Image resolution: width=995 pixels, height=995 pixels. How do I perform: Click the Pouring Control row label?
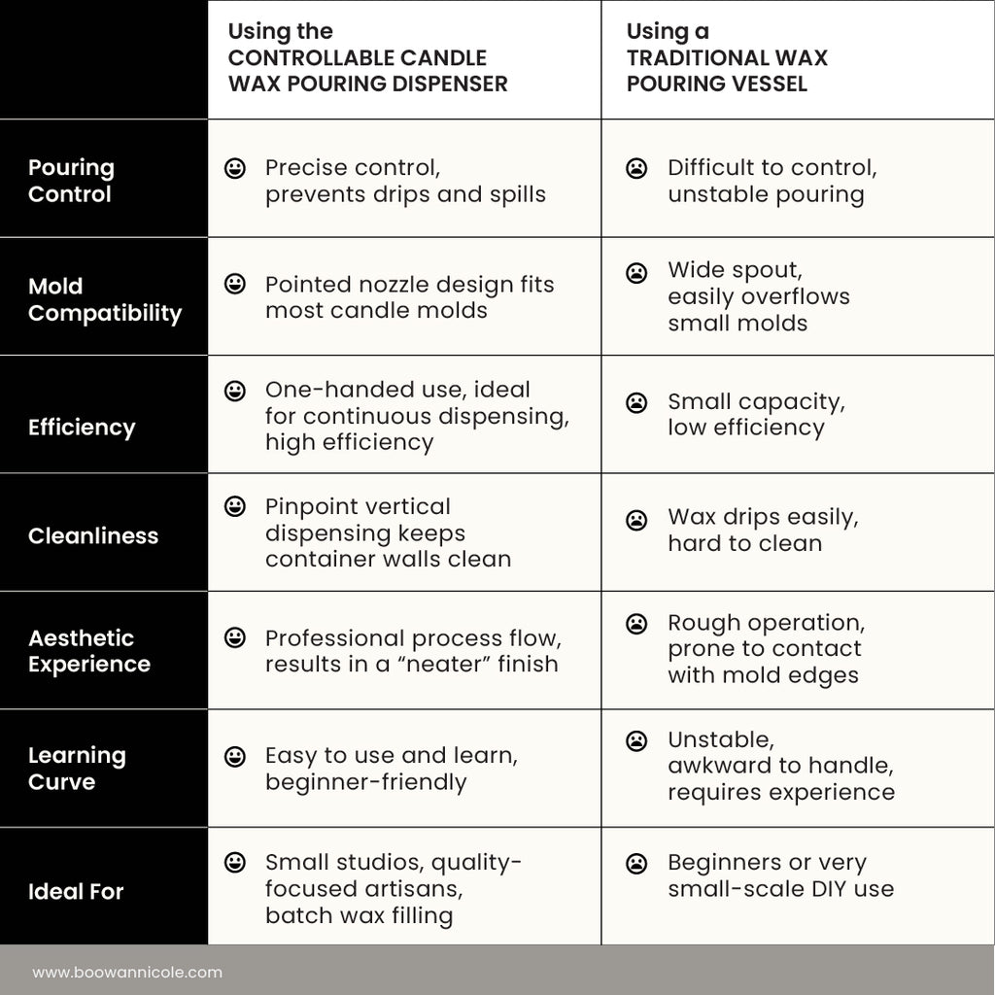(x=71, y=181)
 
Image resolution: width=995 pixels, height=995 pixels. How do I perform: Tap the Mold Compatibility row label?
(x=104, y=299)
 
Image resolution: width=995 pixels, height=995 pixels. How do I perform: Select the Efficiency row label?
(x=82, y=428)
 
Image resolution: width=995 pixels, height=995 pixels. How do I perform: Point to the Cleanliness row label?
(x=93, y=535)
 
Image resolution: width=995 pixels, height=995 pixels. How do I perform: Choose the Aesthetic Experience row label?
(x=89, y=651)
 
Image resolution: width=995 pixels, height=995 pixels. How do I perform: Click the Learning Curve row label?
(x=77, y=769)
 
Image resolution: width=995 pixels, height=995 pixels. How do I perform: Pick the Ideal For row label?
(x=76, y=891)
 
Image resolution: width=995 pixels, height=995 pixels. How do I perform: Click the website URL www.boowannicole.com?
(x=127, y=972)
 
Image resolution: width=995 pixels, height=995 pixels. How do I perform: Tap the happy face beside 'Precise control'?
(x=235, y=168)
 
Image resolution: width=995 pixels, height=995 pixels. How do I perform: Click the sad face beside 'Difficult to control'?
(x=636, y=168)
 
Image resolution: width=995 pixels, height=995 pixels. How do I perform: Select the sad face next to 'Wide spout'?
(x=636, y=273)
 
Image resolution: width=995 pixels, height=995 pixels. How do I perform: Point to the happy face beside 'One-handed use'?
(x=235, y=391)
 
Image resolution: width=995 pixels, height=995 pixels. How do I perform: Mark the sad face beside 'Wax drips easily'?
(x=636, y=520)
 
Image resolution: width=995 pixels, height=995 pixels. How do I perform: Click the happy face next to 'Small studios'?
(x=235, y=863)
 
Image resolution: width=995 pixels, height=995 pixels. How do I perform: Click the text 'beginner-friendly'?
(x=366, y=782)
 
